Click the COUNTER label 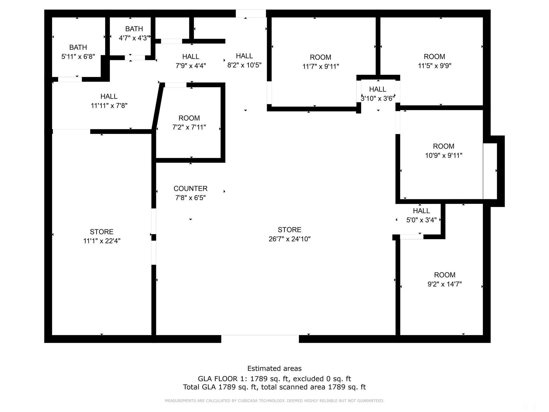pos(190,189)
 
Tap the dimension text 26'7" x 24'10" pos(290,239)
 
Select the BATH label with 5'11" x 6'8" pos(78,47)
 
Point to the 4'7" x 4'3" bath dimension pos(134,38)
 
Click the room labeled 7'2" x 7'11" pos(189,123)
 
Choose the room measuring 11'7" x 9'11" pos(321,62)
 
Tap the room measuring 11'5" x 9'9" pos(435,61)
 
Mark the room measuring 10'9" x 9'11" pos(444,151)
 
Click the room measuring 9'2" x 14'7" pos(445,279)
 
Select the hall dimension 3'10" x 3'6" pos(378,98)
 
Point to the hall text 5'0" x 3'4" pos(421,220)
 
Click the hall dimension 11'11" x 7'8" pos(109,105)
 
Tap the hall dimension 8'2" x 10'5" pos(244,65)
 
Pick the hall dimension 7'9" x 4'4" pos(191,66)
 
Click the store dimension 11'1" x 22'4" pos(102,241)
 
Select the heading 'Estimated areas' pos(274,369)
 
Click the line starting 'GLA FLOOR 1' pos(274,379)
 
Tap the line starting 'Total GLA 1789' pos(274,387)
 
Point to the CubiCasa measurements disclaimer pos(274,401)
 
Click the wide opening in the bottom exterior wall pos(260,339)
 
